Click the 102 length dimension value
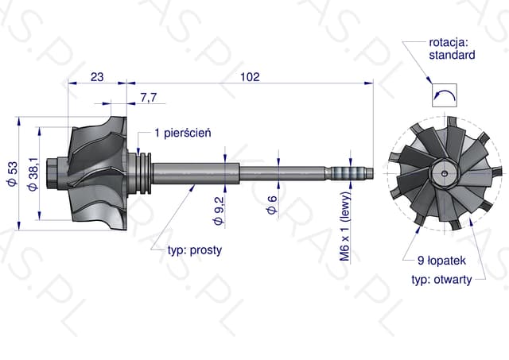point(250,77)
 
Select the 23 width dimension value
point(97,77)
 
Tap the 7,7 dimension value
point(149,97)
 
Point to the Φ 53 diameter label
point(13,173)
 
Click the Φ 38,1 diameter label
point(33,174)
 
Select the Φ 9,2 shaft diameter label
point(219,211)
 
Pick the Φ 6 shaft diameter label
point(272,205)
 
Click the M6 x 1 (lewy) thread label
point(345,226)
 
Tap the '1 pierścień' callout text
point(183,133)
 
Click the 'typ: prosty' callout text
point(195,250)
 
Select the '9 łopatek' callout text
point(441,260)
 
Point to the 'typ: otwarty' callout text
point(441,279)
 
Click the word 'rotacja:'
point(449,42)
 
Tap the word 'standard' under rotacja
point(452,55)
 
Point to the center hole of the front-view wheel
point(445,173)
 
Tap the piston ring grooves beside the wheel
point(145,173)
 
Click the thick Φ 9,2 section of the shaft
point(196,173)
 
